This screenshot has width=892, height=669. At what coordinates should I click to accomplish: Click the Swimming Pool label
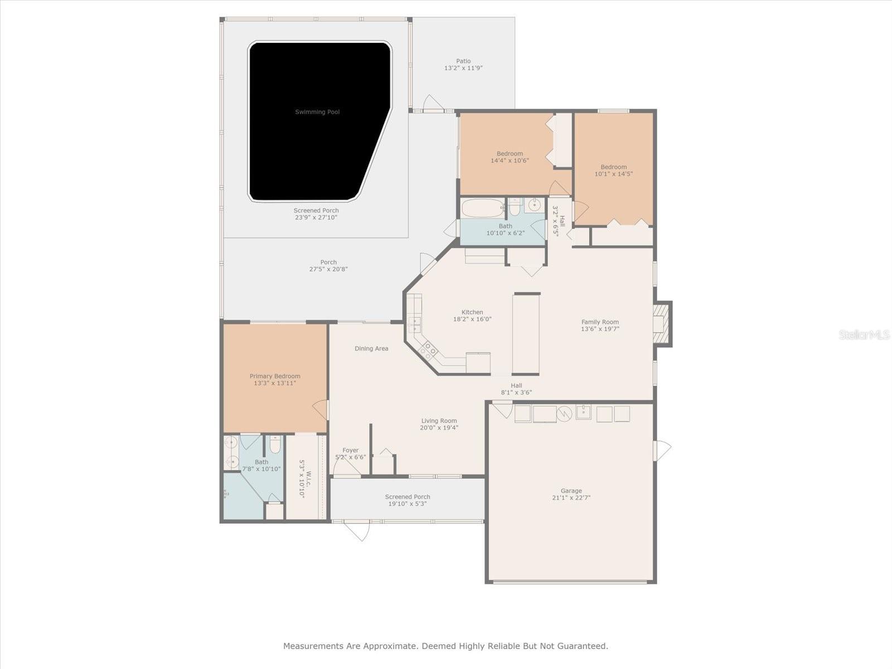point(317,112)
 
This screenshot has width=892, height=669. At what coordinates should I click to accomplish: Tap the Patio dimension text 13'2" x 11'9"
point(463,68)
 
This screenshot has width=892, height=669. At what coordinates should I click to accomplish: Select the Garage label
point(571,491)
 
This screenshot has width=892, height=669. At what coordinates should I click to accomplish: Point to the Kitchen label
point(472,312)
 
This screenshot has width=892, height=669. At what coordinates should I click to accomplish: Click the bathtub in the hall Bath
point(482,209)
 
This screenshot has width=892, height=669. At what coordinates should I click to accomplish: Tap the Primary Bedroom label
point(275,376)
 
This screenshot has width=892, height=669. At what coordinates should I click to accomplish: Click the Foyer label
point(351,450)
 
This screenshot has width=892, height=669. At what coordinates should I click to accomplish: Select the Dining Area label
point(371,348)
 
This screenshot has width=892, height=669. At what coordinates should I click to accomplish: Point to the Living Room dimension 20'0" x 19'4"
point(439,428)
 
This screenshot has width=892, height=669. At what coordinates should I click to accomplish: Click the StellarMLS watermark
point(864,334)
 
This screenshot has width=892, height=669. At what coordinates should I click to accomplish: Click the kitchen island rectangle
point(526,333)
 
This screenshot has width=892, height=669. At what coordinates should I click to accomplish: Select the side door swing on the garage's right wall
point(662,450)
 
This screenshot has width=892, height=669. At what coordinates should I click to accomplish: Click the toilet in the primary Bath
point(275,445)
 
